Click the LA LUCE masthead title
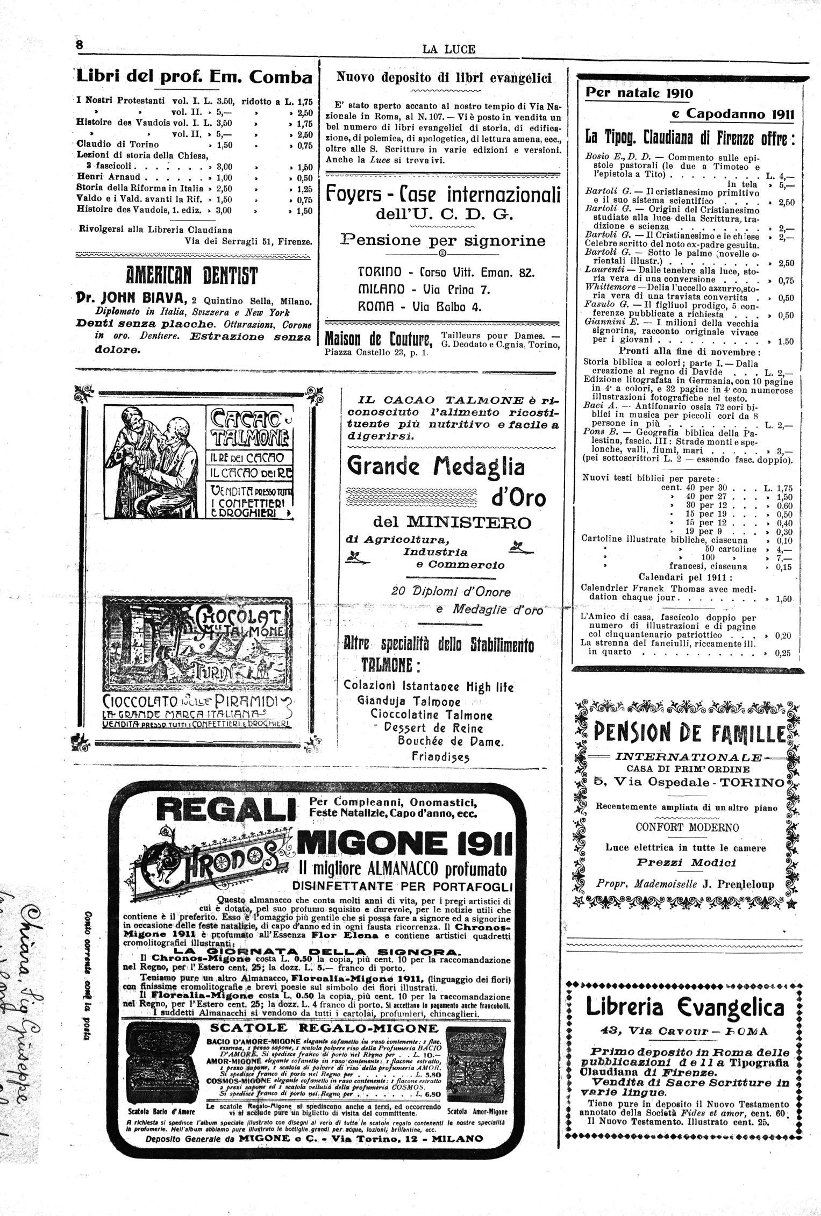pyautogui.click(x=449, y=49)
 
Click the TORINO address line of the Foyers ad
pyautogui.click(x=445, y=273)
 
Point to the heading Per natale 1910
pyautogui.click(x=639, y=93)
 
